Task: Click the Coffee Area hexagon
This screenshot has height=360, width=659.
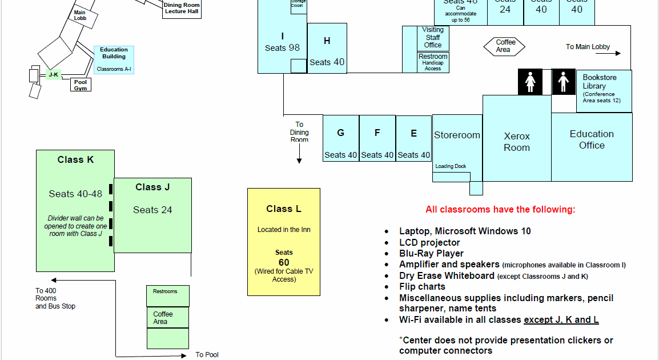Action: [x=504, y=46]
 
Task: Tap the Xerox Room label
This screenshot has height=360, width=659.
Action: [x=517, y=142]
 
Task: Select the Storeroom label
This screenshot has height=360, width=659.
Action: [x=457, y=135]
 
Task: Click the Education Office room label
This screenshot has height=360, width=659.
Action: [x=592, y=139]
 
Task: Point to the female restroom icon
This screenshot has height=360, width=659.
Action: [x=531, y=82]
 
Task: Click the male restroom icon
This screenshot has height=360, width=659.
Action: [x=564, y=82]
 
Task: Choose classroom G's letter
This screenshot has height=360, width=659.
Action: [x=341, y=133]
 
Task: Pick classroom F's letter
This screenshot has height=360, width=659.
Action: [x=377, y=133]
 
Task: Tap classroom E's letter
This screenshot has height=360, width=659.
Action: [x=413, y=133]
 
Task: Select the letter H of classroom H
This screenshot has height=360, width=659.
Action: [x=327, y=41]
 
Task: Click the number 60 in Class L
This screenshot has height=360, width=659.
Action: [x=284, y=263]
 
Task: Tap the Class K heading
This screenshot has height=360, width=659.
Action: [x=75, y=160]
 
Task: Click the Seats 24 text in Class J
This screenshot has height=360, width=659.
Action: [x=152, y=210]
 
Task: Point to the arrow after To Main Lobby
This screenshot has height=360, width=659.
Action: [x=610, y=54]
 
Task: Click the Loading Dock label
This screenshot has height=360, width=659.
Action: [x=451, y=166]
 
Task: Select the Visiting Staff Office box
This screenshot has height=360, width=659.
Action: [x=433, y=37]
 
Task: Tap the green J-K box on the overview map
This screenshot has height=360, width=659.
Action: [x=53, y=74]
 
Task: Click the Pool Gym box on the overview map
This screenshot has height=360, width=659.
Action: [x=81, y=85]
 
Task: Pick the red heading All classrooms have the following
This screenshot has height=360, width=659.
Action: [x=500, y=209]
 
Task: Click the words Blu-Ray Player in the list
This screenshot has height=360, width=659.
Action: [x=431, y=253]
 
